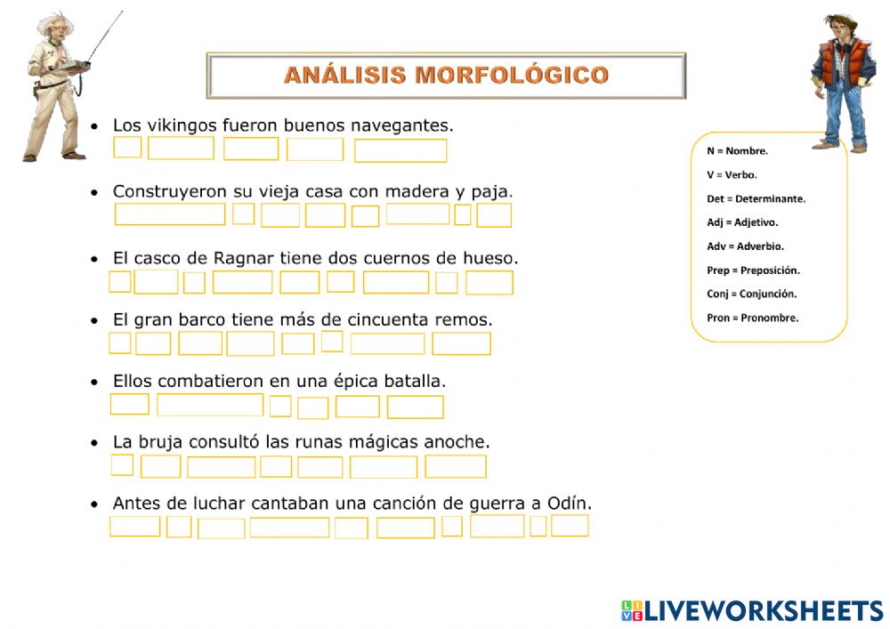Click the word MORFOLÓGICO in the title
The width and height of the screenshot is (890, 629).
coord(512,75)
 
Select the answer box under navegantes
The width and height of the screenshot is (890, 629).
coord(400,151)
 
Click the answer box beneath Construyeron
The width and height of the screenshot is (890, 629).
coord(170,214)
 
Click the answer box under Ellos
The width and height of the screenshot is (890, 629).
coord(130,405)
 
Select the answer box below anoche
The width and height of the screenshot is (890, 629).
coord(456,467)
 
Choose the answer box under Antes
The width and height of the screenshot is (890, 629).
coord(135,526)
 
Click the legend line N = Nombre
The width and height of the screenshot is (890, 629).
coord(737,151)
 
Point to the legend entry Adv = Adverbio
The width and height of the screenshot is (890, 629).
coord(745,246)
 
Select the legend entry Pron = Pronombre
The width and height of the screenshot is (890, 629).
coord(753,318)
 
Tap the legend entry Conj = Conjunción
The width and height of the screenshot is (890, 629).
coord(752,294)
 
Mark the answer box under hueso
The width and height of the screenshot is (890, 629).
coord(489,282)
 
